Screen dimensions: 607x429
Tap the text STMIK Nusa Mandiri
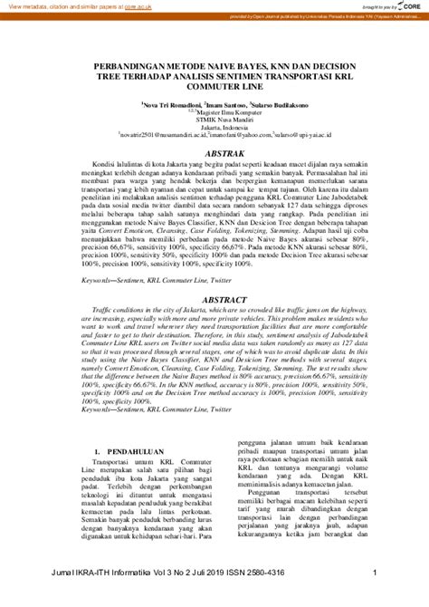point(215,121)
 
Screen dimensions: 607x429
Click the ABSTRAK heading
point(214,155)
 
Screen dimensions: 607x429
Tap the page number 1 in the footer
point(375,598)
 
